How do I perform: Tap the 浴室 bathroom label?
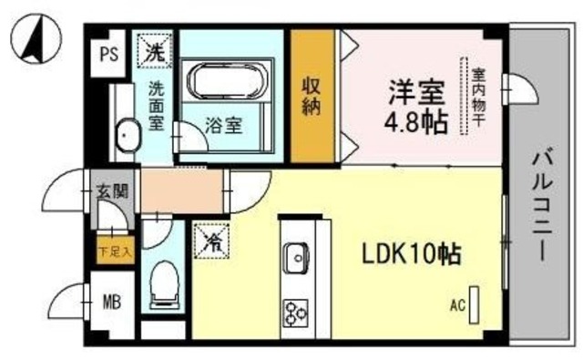pyautogui.click(x=223, y=126)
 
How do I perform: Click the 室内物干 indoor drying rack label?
pyautogui.click(x=476, y=97)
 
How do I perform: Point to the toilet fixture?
pyautogui.click(x=165, y=283)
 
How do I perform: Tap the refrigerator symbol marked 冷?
pyautogui.click(x=212, y=242)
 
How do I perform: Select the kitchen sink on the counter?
pyautogui.click(x=296, y=258)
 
